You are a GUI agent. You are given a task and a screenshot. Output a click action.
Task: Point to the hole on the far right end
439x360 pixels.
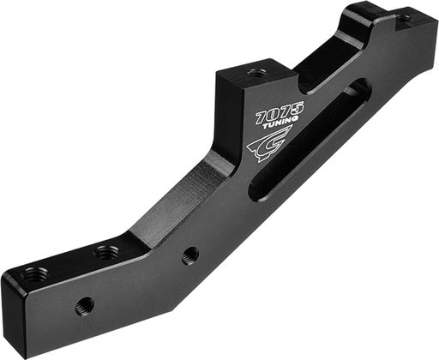pos(404,16)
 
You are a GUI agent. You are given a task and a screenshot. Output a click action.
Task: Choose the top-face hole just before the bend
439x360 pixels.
pos(106,253)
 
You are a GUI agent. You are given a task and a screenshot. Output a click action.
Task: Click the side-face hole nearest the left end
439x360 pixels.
pos(84,305)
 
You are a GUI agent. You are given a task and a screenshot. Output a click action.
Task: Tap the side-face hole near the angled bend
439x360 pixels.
pos(190,255)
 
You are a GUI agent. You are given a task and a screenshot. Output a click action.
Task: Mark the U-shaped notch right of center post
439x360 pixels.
pos(330,60)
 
